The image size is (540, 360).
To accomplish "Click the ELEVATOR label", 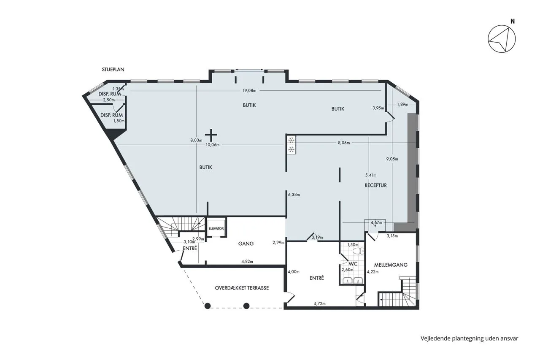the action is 216,229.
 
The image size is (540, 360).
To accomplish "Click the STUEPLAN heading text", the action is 113,70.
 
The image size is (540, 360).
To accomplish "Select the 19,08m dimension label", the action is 249,91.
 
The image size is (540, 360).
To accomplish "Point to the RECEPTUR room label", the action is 375,185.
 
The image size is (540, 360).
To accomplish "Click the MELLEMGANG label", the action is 391,265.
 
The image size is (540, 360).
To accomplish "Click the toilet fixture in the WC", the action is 359,251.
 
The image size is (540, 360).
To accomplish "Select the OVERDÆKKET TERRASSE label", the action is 242,288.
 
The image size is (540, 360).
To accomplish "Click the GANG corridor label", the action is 246,244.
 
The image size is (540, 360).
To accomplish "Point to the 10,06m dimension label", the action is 213,145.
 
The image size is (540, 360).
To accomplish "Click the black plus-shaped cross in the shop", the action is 211,135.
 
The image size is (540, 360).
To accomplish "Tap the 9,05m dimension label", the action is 392,159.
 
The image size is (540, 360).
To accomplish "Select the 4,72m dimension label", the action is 320,303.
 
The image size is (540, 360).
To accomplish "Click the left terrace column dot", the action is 208,306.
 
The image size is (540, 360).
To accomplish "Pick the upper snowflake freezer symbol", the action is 291,140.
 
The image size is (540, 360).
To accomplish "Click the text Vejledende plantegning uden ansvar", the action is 470,338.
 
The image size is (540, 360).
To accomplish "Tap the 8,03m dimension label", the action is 196,140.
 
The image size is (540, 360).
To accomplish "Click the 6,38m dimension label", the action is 294,195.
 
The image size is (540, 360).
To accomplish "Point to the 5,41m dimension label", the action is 371,175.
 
